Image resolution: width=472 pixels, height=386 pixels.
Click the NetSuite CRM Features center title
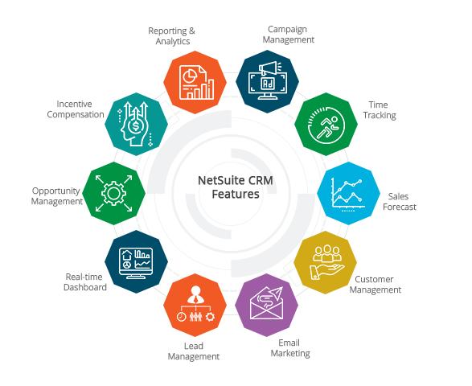(236, 187)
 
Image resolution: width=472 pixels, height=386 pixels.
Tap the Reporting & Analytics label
(172, 36)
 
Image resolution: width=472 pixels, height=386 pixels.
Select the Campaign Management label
(288, 35)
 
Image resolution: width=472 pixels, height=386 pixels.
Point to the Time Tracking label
(380, 110)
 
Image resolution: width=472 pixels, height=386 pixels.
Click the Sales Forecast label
(399, 202)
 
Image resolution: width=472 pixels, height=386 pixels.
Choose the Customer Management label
(375, 285)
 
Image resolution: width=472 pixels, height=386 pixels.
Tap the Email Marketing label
(290, 348)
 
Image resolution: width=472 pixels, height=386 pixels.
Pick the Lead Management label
(194, 351)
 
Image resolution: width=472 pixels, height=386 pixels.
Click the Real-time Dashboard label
(85, 281)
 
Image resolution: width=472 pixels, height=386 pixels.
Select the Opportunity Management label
(56, 196)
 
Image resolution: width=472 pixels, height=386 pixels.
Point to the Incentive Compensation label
(76, 109)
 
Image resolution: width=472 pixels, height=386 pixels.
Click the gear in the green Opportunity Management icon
(114, 193)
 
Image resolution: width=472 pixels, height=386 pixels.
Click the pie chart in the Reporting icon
(191, 76)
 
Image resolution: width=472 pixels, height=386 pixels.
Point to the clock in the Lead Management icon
(181, 317)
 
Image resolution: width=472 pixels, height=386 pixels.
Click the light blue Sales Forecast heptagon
(348, 193)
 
